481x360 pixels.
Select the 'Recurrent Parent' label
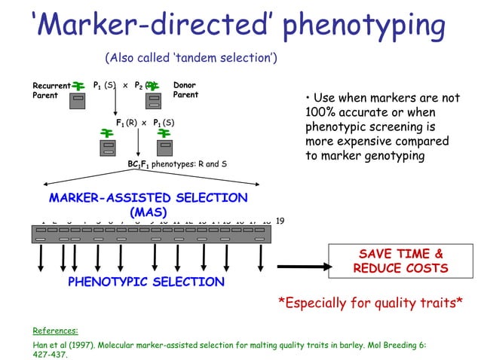click(51, 90)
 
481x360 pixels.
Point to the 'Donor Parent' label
click(185, 90)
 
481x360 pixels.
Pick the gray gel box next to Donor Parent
click(155, 100)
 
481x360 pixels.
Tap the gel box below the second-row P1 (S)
click(165, 148)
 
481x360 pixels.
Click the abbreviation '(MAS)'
click(148, 212)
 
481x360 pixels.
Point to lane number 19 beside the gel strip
click(280, 221)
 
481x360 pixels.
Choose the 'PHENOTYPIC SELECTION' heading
click(146, 282)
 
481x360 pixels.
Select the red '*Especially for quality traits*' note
click(370, 304)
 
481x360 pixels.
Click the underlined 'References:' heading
click(56, 330)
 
